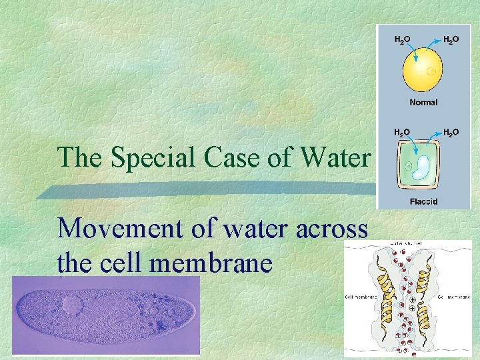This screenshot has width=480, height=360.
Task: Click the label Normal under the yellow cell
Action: pos(423,102)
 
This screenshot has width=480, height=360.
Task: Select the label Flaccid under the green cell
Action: pos(423,201)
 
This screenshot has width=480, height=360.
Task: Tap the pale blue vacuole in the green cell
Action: pos(421,167)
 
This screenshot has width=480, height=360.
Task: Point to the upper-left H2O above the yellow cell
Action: pos(401,40)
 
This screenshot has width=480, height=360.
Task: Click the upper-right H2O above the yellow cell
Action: pos(451,40)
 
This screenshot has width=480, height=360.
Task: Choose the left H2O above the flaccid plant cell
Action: pos(401,133)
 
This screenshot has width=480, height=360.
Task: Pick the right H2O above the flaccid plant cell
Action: pos(451,133)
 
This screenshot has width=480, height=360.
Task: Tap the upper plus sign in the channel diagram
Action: pos(412,300)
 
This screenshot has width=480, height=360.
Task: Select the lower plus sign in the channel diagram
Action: pos(412,309)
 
